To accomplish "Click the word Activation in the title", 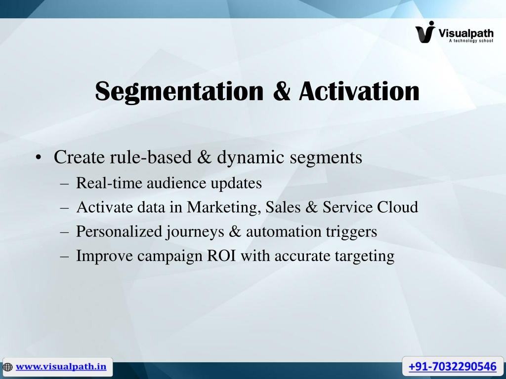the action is tap(359, 91).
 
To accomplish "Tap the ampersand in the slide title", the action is tap(281, 91).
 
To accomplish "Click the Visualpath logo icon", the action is tap(425, 32).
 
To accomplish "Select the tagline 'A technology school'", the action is tap(471, 40).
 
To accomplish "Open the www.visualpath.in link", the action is tap(61, 367).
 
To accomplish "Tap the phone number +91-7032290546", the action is tap(453, 367).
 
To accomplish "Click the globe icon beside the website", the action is tap(7, 367).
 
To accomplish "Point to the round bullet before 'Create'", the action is tap(39, 157).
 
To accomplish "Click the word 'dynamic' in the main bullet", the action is tap(251, 158).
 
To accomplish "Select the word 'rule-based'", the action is tap(151, 157).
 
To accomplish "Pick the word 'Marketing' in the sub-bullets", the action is tap(224, 208).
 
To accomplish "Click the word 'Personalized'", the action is tap(119, 231).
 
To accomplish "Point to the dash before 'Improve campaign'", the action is tap(65, 257).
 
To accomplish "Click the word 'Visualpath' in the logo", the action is tap(465, 33).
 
